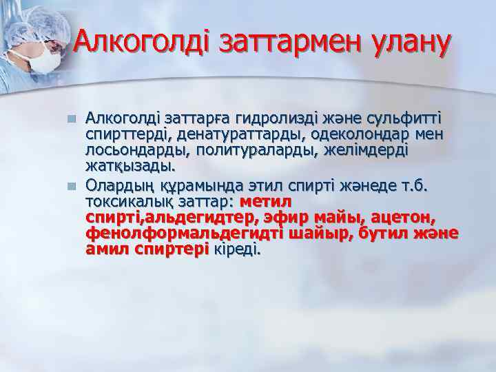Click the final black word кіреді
tap(238, 250)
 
